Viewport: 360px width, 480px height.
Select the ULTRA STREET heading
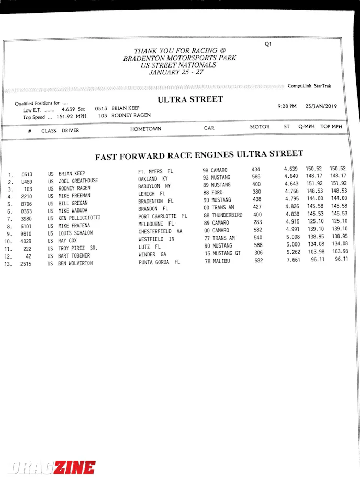pyautogui.click(x=190, y=99)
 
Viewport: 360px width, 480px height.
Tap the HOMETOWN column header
pyautogui.click(x=145, y=129)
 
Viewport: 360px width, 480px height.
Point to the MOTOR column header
pyautogui.click(x=260, y=127)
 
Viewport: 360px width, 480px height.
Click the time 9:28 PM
pyautogui.click(x=287, y=106)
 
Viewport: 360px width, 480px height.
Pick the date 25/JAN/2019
pyautogui.click(x=322, y=106)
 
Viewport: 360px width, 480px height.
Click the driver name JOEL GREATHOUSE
pyautogui.click(x=78, y=181)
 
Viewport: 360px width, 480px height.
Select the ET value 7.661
pyautogui.click(x=292, y=260)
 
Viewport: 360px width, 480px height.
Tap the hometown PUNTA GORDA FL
pyautogui.click(x=159, y=262)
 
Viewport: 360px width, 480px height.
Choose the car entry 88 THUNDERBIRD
pyautogui.click(x=223, y=215)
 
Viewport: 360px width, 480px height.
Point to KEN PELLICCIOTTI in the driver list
pyautogui.click(x=79, y=218)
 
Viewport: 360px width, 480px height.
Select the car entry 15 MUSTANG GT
pyautogui.click(x=222, y=253)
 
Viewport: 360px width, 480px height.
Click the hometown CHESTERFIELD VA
pyautogui.click(x=160, y=231)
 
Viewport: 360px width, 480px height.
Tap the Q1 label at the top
pyautogui.click(x=268, y=44)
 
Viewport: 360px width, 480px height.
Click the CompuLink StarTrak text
pyautogui.click(x=309, y=86)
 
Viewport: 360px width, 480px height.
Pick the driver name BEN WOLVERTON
pyautogui.click(x=75, y=263)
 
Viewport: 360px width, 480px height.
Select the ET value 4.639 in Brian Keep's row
pyautogui.click(x=291, y=169)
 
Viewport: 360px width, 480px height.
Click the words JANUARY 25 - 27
pyautogui.click(x=176, y=72)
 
